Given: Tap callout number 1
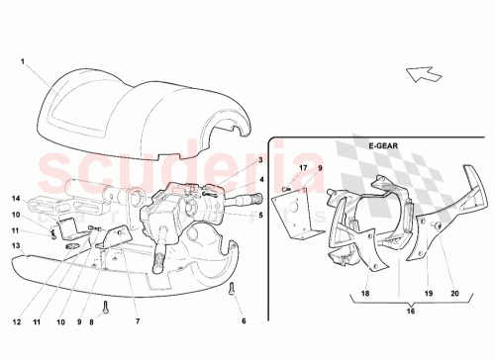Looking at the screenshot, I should [x=22, y=60].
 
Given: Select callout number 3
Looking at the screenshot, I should [x=260, y=160].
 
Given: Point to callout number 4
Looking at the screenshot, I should [x=260, y=179].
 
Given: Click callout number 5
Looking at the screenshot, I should [x=260, y=215].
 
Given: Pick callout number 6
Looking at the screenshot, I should [x=244, y=321].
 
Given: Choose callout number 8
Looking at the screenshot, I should [x=92, y=321].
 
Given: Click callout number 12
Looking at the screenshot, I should [x=17, y=321].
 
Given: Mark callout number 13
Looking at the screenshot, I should [x=16, y=244].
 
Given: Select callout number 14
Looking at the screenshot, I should [x=16, y=198].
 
